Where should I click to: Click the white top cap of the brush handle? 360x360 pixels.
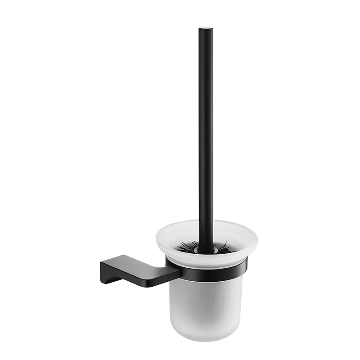coord(206,29)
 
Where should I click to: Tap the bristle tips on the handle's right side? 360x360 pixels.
coord(225,247)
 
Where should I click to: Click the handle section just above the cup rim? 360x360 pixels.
coord(206,211)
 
